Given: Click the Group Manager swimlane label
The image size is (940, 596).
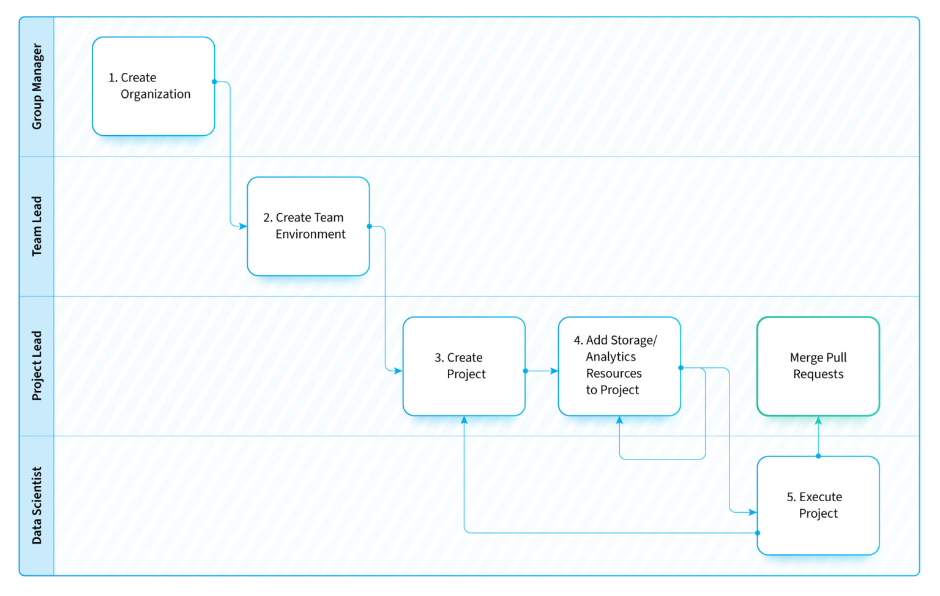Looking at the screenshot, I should click(x=37, y=86).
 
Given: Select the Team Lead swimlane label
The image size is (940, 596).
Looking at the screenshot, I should click(x=37, y=226).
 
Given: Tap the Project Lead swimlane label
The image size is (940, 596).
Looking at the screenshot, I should click(x=37, y=366).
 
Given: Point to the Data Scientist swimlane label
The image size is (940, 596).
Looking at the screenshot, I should click(x=37, y=505).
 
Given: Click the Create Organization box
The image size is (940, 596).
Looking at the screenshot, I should click(x=153, y=86).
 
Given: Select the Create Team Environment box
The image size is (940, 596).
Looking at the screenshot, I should click(x=308, y=226).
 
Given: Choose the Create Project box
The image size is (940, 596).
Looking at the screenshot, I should click(x=464, y=366).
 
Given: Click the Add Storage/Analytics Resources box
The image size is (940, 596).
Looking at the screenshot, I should click(x=619, y=366).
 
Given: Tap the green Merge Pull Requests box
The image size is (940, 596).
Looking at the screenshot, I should click(x=818, y=366).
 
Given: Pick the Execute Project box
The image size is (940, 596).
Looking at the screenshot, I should click(x=818, y=505).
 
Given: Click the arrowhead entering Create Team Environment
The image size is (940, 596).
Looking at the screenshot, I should click(x=243, y=226).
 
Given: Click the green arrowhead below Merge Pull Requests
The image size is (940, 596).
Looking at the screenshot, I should click(x=818, y=420).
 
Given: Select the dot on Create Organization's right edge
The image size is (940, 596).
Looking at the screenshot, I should click(x=214, y=81).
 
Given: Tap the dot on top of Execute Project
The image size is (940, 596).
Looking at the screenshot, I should click(x=818, y=456).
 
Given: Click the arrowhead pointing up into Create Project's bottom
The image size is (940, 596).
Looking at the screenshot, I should click(x=464, y=420).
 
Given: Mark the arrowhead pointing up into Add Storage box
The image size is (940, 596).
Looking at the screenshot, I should click(x=619, y=420).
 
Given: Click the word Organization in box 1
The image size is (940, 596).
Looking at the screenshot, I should click(x=155, y=94).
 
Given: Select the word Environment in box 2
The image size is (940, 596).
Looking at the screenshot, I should click(x=310, y=234).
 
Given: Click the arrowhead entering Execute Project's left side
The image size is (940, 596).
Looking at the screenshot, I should click(x=752, y=512).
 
